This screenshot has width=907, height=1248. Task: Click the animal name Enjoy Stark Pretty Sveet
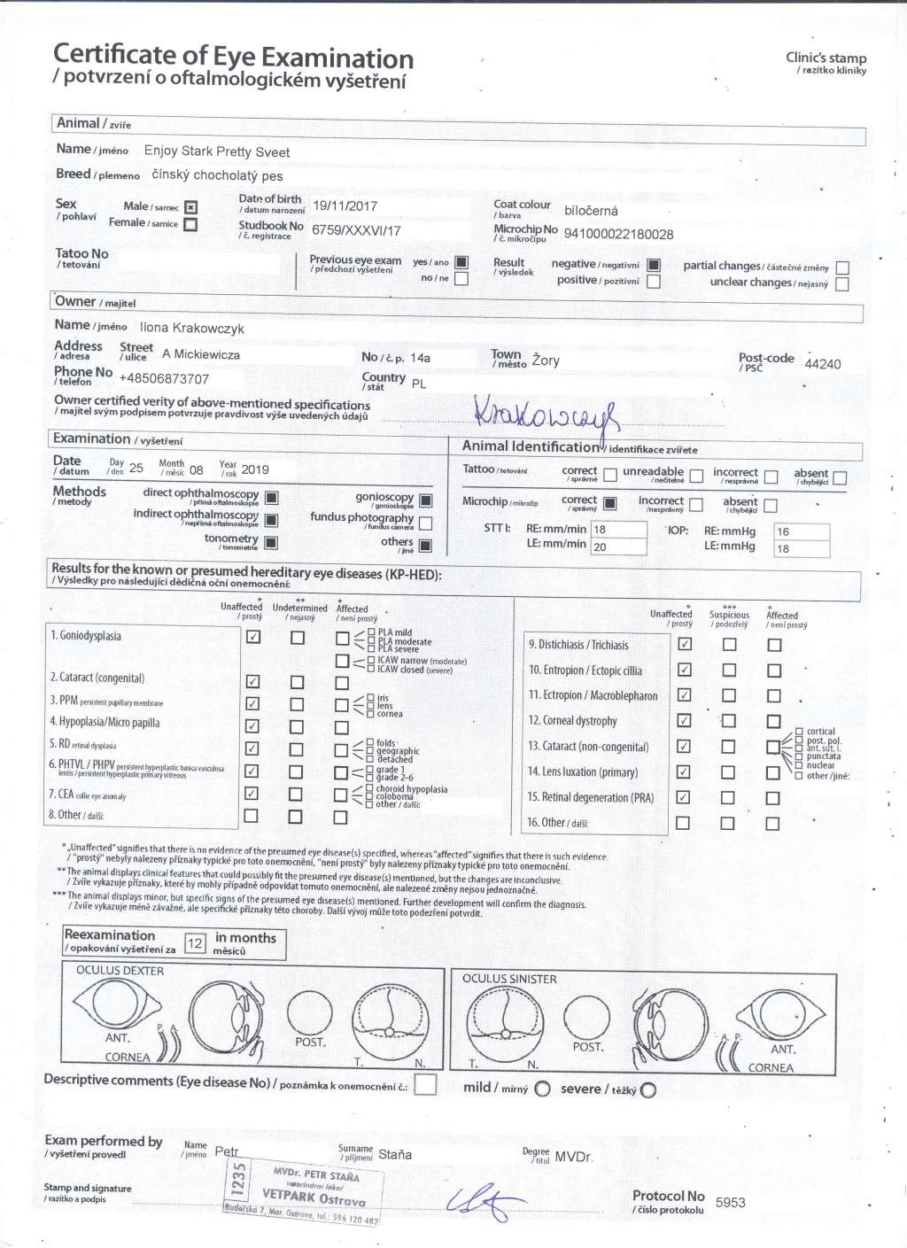point(216,151)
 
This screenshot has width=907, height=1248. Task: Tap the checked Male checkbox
point(190,207)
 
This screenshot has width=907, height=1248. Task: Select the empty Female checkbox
point(190,224)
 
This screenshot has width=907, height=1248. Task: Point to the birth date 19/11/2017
point(345,206)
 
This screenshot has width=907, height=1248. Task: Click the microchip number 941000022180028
point(618,235)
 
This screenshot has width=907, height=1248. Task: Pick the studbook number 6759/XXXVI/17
point(356,230)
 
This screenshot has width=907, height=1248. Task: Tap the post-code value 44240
point(822,364)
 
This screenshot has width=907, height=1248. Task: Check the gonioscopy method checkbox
point(426,500)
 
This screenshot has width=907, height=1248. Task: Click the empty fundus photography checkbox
point(426,523)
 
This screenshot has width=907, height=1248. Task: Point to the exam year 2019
point(255,469)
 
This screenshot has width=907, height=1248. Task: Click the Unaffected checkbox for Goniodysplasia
point(252,637)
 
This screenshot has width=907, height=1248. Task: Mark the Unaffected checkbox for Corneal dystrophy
point(684,721)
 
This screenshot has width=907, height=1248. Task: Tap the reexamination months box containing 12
point(195,943)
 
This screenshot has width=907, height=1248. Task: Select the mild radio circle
point(542,1089)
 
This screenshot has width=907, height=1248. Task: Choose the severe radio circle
point(648,1089)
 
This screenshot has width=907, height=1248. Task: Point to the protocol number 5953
point(730,1203)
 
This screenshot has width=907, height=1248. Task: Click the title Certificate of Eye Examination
point(233,58)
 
